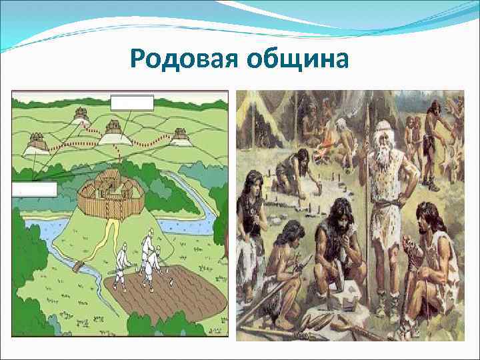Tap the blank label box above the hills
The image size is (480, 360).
pos(132,102)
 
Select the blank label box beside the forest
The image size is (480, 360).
pos(34,189)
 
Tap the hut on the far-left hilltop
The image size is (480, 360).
pos(36,141)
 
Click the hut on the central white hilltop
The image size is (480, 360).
pos(113,125)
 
